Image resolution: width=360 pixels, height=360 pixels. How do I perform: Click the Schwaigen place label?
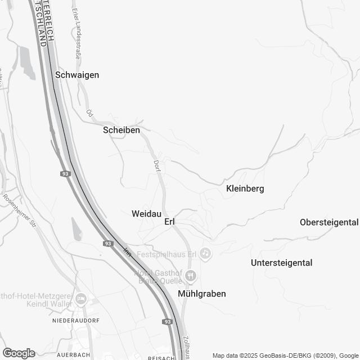click(x=78, y=75)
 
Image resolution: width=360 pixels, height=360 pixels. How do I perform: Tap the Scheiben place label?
click(x=121, y=130)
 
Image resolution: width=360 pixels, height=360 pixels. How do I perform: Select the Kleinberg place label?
click(x=245, y=188)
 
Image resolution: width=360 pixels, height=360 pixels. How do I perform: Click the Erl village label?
click(x=170, y=222)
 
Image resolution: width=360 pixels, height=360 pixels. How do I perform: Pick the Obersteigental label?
click(x=330, y=222)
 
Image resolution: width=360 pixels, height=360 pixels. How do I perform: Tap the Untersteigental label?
click(x=281, y=263)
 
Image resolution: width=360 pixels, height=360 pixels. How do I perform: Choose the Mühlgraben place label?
click(x=201, y=294)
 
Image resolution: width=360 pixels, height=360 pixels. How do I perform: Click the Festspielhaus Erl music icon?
click(x=206, y=254)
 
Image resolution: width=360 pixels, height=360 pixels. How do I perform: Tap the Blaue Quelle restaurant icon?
click(x=191, y=276)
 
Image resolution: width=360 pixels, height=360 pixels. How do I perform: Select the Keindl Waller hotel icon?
click(x=81, y=298)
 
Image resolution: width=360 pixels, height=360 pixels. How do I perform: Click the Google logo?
click(x=18, y=353)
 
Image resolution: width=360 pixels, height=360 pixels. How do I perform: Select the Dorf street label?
click(x=157, y=166)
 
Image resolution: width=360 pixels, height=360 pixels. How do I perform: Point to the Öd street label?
click(x=89, y=112)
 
